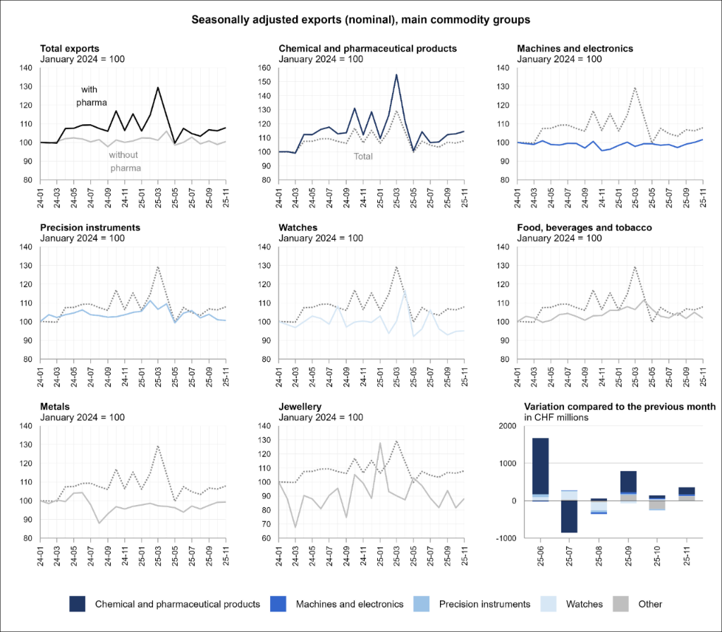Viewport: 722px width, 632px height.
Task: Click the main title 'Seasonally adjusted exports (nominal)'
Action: [x=361, y=20]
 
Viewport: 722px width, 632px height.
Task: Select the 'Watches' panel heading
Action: [x=298, y=228]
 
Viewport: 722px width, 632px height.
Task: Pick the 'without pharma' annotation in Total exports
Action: [x=124, y=161]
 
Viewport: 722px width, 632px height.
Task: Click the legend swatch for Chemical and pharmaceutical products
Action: [x=78, y=604]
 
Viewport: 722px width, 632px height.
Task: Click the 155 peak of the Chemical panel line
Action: [x=396, y=75]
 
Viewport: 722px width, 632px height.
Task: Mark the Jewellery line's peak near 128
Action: [x=380, y=443]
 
